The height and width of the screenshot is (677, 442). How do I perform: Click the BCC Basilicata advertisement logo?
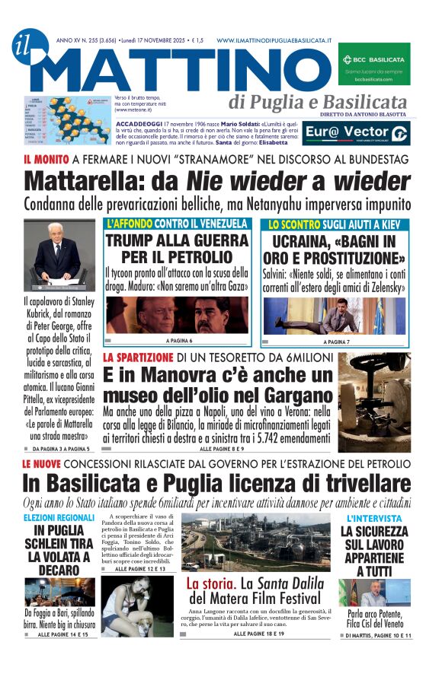(x=373, y=62)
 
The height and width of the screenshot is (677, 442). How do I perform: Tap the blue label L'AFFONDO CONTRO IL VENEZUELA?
(x=178, y=224)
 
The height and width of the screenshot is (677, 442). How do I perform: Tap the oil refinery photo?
(x=256, y=542)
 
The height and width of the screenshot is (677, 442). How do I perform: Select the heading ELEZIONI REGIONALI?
(x=60, y=518)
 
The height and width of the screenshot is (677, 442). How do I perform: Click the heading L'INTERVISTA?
(x=373, y=518)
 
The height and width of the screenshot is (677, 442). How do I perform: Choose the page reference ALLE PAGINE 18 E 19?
(x=259, y=633)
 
